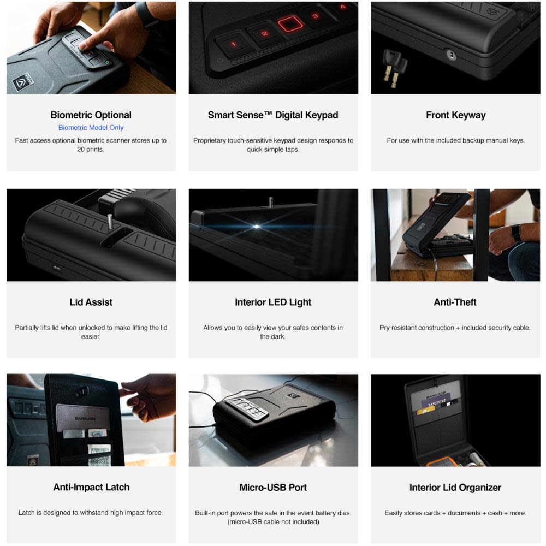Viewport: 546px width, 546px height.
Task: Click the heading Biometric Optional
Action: tap(91, 115)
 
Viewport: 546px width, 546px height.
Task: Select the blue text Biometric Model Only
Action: tap(91, 128)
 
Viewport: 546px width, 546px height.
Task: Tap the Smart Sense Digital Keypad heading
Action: tap(273, 115)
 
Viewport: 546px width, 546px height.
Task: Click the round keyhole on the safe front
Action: tap(451, 55)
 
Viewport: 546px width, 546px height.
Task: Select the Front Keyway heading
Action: tap(455, 115)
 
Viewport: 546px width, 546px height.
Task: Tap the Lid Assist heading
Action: tap(91, 302)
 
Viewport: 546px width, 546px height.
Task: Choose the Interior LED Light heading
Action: tap(273, 302)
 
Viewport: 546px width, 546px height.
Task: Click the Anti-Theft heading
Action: tap(455, 302)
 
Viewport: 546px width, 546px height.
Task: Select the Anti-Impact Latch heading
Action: tap(91, 487)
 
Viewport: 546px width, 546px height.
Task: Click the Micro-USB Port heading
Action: tap(273, 487)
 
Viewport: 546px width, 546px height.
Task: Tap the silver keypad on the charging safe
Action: tap(248, 407)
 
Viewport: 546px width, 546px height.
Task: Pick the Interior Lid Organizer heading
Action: tap(455, 487)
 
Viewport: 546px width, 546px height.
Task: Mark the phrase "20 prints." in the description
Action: tap(91, 149)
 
